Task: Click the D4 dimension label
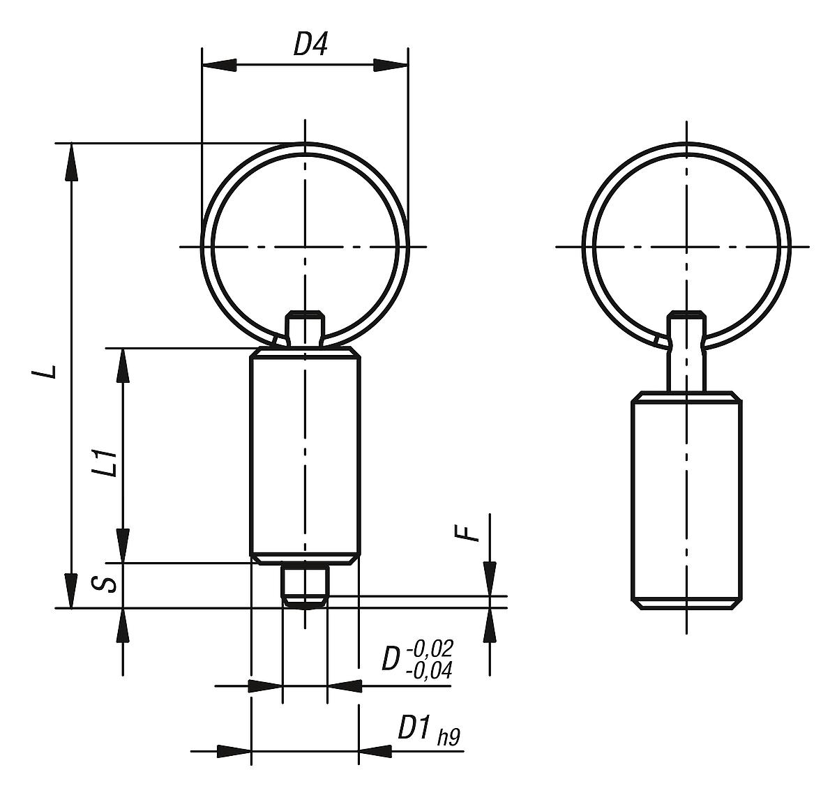click(x=310, y=45)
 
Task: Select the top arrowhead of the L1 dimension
click(x=123, y=365)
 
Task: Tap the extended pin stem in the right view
click(x=687, y=363)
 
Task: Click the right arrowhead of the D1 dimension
click(x=375, y=751)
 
